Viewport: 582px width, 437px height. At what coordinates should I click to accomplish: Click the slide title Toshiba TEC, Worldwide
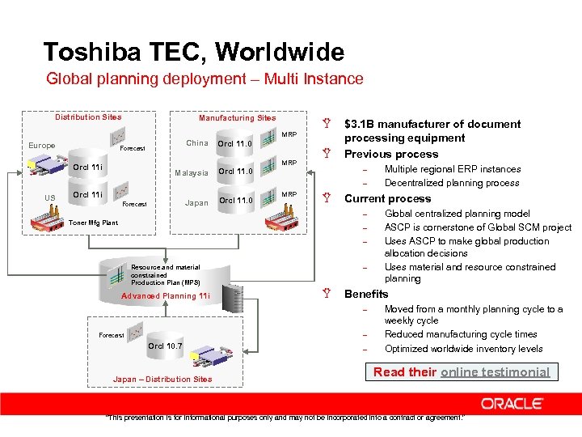(193, 53)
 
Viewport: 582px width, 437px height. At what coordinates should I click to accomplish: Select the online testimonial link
(495, 372)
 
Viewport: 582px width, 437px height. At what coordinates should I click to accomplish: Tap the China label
(197, 143)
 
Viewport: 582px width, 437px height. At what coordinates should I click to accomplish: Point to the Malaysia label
(192, 173)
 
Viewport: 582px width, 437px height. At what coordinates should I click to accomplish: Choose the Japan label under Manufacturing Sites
(196, 203)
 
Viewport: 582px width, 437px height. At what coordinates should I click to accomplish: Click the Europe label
(41, 146)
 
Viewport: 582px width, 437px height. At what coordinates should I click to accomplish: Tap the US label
(50, 197)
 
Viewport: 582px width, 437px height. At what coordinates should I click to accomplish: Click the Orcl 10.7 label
(165, 346)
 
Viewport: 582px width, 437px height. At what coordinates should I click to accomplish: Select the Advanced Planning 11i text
(165, 296)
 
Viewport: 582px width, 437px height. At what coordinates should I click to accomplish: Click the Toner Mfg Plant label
(93, 223)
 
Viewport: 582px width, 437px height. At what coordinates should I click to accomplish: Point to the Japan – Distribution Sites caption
(162, 379)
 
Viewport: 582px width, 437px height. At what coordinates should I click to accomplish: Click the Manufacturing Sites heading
(237, 118)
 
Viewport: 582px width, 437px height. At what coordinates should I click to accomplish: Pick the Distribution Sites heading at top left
(88, 117)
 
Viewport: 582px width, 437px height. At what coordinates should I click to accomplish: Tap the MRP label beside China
(289, 134)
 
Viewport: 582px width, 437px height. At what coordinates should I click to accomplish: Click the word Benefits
(366, 294)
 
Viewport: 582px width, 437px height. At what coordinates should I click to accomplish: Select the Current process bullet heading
(387, 198)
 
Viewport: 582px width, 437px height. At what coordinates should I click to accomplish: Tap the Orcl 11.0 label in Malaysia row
(236, 171)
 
